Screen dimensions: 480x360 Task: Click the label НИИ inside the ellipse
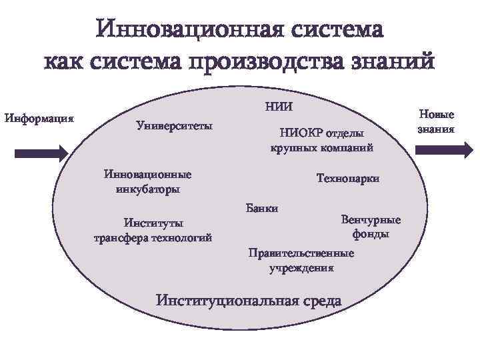click(x=279, y=105)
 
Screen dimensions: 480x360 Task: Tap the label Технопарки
click(x=348, y=179)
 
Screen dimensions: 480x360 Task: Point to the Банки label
click(x=262, y=207)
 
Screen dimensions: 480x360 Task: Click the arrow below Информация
click(x=41, y=153)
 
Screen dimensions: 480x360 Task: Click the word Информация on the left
click(x=39, y=119)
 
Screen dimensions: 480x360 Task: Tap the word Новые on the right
click(x=437, y=115)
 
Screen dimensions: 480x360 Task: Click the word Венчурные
click(x=370, y=219)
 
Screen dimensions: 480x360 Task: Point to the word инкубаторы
click(x=147, y=189)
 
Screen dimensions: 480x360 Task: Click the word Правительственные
click(x=301, y=253)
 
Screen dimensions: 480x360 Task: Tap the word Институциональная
click(x=223, y=301)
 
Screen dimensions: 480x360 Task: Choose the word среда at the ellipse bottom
click(x=320, y=301)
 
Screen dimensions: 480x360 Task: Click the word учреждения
click(x=301, y=268)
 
